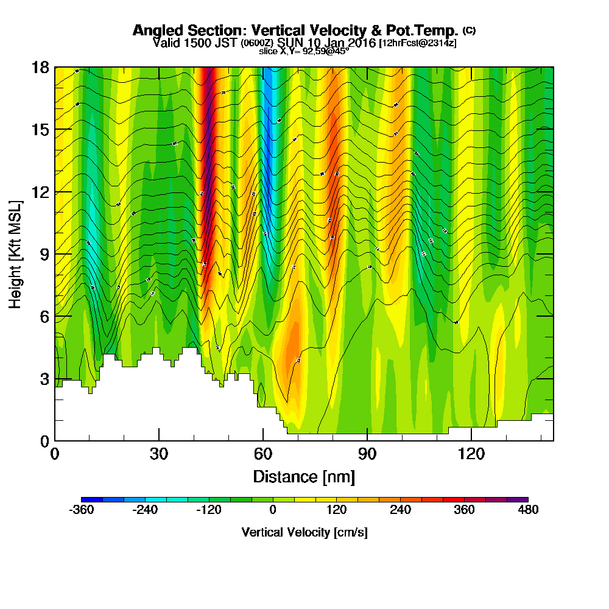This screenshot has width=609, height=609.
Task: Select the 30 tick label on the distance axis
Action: [x=159, y=454]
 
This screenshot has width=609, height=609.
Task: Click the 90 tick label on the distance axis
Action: [x=367, y=454]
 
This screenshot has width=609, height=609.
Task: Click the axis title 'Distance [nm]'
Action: [x=304, y=476]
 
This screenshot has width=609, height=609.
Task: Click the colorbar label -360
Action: [x=82, y=510]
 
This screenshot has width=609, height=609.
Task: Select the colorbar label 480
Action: [x=528, y=510]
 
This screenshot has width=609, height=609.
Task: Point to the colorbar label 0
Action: [x=273, y=510]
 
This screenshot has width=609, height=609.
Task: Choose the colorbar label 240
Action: [x=400, y=510]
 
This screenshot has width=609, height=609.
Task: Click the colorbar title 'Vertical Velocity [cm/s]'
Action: [x=304, y=532]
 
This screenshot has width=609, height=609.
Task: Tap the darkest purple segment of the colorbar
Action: [x=523, y=499]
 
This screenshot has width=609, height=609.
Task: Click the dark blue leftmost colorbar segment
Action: [x=86, y=499]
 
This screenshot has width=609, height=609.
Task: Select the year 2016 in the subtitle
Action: [x=358, y=43]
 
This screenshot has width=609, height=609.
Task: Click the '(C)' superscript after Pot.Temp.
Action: [x=470, y=30]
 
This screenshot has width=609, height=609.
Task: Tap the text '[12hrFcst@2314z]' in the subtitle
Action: [x=418, y=43]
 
